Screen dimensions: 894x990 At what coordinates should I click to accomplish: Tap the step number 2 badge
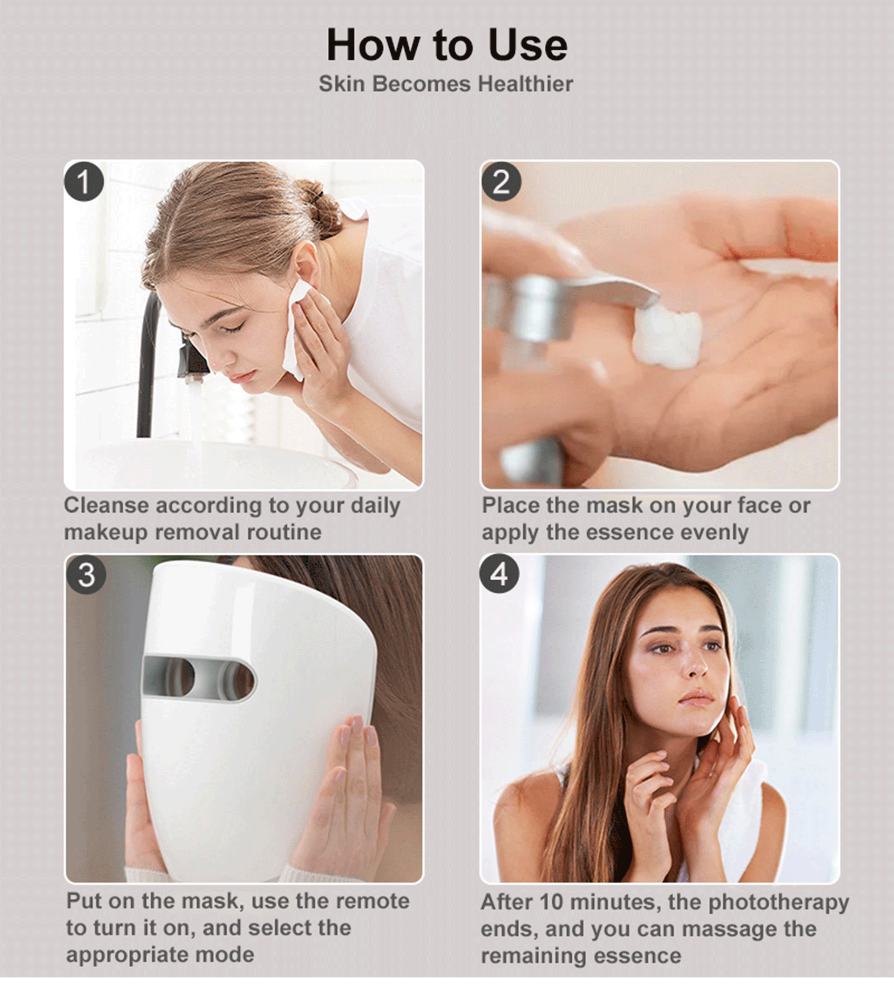coord(501,182)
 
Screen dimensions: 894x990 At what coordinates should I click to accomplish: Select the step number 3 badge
coord(87,575)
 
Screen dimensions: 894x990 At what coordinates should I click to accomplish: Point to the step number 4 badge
coord(499,574)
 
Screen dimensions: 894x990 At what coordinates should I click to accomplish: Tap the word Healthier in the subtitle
coord(525,83)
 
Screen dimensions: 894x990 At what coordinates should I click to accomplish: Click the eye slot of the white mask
coord(199,678)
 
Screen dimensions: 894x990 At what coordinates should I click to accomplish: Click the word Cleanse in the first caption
coord(106,505)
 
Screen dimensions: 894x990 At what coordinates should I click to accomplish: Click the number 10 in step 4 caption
coord(551,902)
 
